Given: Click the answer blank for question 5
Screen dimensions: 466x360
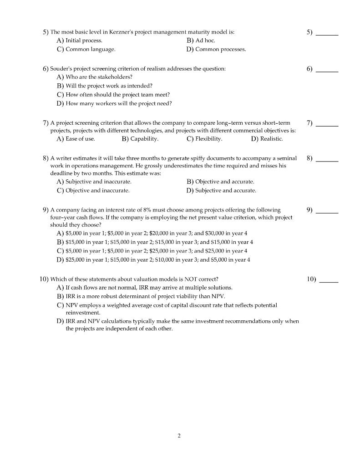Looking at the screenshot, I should pyautogui.click(x=327, y=33).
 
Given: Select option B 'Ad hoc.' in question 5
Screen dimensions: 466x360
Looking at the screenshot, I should pyautogui.click(x=205, y=41).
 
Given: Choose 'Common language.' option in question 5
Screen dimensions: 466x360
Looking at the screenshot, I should pyautogui.click(x=90, y=49).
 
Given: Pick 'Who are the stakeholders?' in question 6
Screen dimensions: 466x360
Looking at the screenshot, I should pyautogui.click(x=99, y=77).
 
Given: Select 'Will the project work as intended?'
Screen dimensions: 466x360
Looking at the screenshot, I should pyautogui.click(x=109, y=86).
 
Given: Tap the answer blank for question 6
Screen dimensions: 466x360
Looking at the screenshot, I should pyautogui.click(x=327, y=70).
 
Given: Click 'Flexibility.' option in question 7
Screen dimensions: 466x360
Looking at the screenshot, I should pyautogui.click(x=208, y=139).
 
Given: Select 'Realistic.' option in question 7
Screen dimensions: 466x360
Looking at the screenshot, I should pyautogui.click(x=271, y=139).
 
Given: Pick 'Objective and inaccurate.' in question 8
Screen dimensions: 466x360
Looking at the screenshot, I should pyautogui.click(x=97, y=191).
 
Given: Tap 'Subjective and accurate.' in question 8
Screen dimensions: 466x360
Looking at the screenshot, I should pyautogui.click(x=225, y=191).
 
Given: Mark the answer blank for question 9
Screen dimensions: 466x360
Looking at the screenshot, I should pyautogui.click(x=327, y=211).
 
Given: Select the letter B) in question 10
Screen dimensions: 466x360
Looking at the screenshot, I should pyautogui.click(x=60, y=296).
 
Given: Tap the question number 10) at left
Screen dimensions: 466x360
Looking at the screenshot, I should pyautogui.click(x=44, y=279).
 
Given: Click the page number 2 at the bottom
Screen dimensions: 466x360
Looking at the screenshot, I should pyautogui.click(x=179, y=436).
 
